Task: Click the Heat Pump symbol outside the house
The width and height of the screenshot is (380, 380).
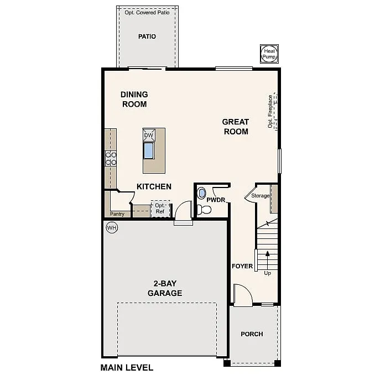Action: pyautogui.click(x=269, y=54)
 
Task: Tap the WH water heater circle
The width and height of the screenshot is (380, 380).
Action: pyautogui.click(x=112, y=227)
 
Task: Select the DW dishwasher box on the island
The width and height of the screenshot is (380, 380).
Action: pyautogui.click(x=148, y=136)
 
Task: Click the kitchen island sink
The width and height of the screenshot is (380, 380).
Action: pyautogui.click(x=149, y=150)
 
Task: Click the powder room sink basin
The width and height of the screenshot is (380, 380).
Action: pyautogui.click(x=201, y=194)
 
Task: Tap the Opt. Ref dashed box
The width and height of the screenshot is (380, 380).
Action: pyautogui.click(x=160, y=208)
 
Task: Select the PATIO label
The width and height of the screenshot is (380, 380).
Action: pyautogui.click(x=147, y=37)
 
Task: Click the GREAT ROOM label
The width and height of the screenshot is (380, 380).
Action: pyautogui.click(x=236, y=127)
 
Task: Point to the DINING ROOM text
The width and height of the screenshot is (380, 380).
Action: pyautogui.click(x=134, y=99)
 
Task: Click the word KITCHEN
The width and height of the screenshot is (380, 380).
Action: pyautogui.click(x=154, y=186)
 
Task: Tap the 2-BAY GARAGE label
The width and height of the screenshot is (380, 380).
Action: pyautogui.click(x=164, y=289)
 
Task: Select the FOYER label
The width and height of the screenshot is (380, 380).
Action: pyautogui.click(x=242, y=266)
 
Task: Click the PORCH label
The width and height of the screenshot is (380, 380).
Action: pyautogui.click(x=252, y=334)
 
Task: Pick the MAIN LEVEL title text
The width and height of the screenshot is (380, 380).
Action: pyautogui.click(x=127, y=367)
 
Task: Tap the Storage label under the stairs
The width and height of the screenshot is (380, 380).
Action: pyautogui.click(x=261, y=196)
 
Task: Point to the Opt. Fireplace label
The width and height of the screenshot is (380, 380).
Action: pyautogui.click(x=270, y=111)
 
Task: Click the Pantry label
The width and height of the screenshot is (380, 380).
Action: pyautogui.click(x=117, y=214)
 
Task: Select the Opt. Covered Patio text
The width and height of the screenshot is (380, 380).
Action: pyautogui.click(x=147, y=12)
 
